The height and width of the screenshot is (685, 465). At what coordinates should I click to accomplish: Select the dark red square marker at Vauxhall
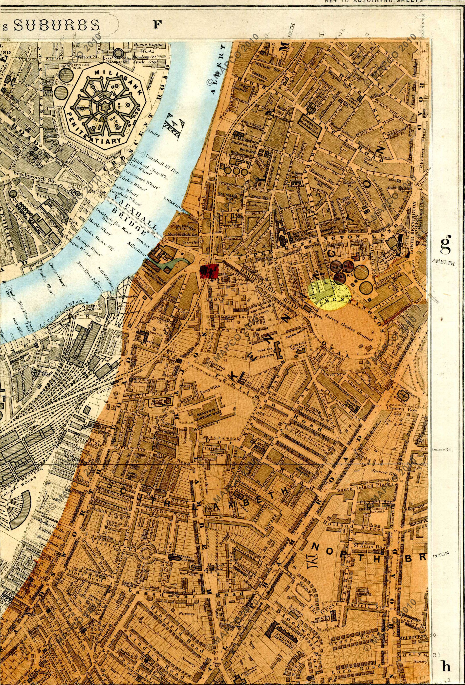(x=209, y=271)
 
